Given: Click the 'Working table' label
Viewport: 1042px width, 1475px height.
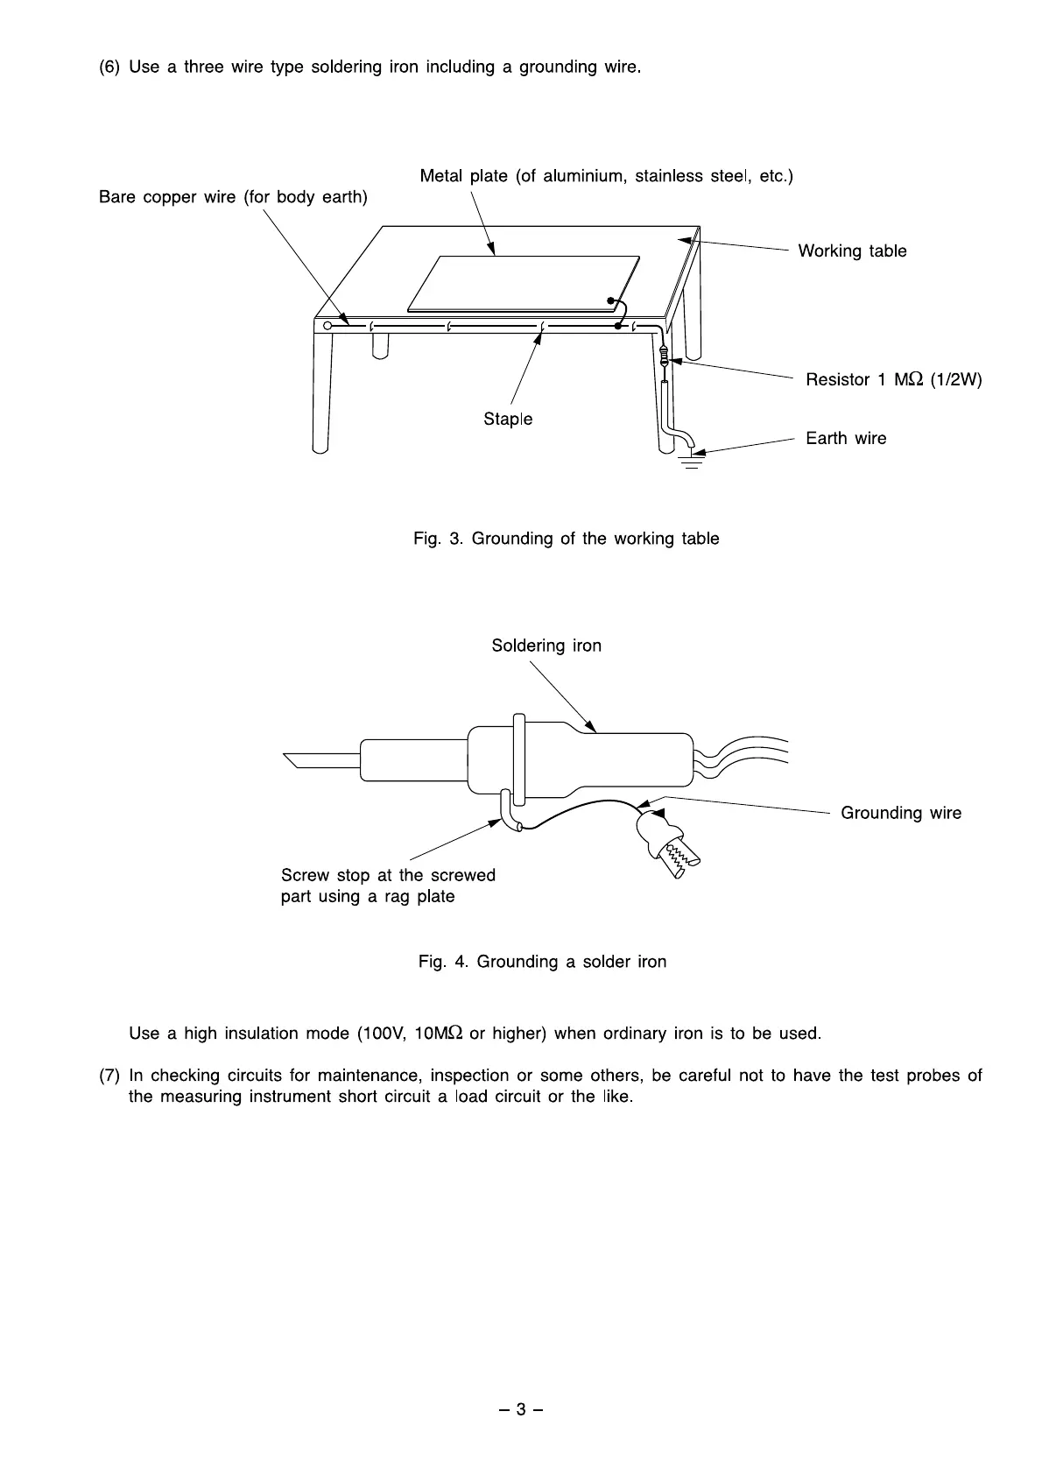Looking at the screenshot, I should click(852, 251).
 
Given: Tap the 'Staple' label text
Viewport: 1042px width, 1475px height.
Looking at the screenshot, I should click(508, 420).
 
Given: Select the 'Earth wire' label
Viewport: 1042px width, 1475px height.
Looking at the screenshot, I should click(846, 439).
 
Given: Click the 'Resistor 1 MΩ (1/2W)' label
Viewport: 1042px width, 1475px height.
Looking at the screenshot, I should click(893, 380).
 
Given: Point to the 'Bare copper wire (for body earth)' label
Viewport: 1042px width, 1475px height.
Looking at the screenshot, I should click(233, 197).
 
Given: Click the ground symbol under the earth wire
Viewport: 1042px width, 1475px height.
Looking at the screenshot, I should click(692, 462).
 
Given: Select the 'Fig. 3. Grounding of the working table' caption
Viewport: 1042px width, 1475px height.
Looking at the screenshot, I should click(566, 539).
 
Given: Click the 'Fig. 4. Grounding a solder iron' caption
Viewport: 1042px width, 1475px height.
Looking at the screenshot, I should click(542, 962).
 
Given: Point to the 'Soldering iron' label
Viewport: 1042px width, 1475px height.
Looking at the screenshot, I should click(546, 646).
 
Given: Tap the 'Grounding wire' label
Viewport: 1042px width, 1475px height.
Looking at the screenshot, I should click(900, 814).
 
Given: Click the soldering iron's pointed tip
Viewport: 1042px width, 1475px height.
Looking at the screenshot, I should click(298, 759).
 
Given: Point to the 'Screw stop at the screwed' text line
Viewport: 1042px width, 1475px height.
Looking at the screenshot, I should click(388, 876).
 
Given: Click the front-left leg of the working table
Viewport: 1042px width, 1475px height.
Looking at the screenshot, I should click(321, 394).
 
